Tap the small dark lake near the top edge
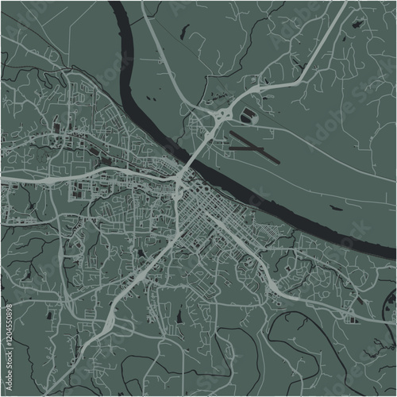[184, 33]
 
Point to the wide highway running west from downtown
[79, 178]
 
